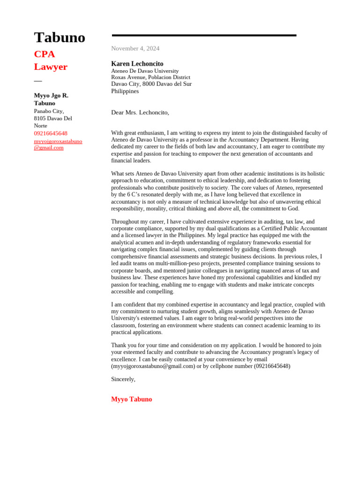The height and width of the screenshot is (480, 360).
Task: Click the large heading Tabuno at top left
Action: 60,37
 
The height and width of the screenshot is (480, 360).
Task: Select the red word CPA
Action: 45,54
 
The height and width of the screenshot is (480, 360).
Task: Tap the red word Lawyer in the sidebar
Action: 51,67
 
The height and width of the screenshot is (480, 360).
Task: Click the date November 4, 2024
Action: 135,48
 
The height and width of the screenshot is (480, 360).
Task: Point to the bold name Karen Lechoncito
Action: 137,63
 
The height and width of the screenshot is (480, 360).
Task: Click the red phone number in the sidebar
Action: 51,134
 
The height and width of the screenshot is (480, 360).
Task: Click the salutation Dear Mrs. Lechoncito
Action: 140,112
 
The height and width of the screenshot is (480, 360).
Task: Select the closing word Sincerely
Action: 123,379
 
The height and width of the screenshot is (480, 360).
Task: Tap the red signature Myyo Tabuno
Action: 131,399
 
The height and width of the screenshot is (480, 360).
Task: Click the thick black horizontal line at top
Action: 204,35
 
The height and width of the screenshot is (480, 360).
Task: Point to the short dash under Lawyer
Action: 38,81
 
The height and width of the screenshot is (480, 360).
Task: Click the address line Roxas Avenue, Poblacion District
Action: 150,77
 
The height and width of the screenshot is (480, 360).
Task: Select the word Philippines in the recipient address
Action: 125,91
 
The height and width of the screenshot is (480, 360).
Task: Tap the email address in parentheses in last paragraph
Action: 153,366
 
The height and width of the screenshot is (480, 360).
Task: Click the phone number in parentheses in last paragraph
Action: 272,366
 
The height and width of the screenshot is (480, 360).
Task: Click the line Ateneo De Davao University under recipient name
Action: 144,71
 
